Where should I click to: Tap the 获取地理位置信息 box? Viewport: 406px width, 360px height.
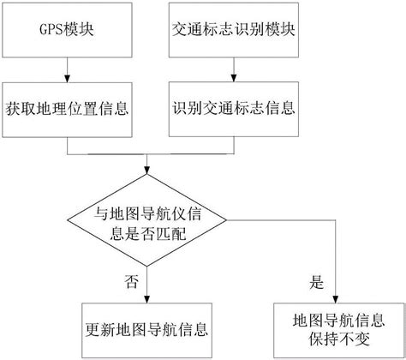click(67, 108)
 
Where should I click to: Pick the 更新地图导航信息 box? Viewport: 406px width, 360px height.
click(150, 328)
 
